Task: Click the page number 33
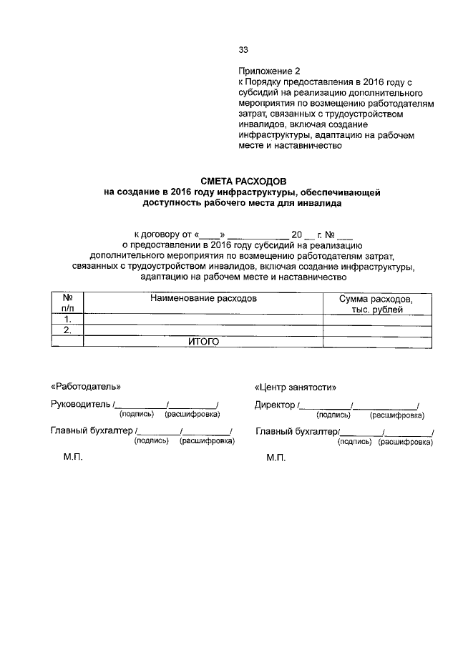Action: (243, 50)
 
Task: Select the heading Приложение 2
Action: (270, 71)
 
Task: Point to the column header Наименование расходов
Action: (203, 297)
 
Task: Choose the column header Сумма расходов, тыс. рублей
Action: (376, 303)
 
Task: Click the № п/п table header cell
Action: (68, 302)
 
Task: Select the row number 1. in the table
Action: (68, 319)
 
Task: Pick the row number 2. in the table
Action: (68, 330)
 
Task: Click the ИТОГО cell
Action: (203, 342)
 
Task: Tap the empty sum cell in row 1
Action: (376, 319)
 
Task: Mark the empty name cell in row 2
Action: (203, 330)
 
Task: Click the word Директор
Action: (274, 405)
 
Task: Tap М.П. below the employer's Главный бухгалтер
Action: (74, 458)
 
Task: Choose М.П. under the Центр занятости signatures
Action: (276, 458)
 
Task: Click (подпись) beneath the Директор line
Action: (333, 415)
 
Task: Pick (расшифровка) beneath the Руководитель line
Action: (193, 414)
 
